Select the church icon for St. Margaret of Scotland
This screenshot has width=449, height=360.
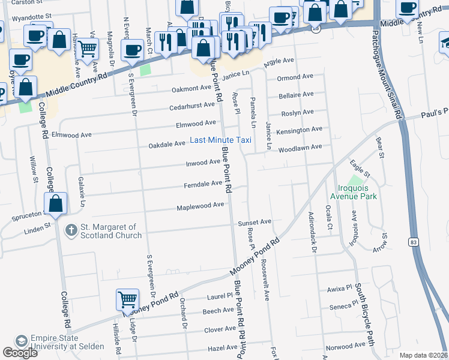tap(71, 230)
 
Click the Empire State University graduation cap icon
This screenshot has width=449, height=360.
tap(22, 340)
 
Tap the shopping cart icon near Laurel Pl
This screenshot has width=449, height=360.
tap(127, 299)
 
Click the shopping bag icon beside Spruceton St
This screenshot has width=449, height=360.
tap(56, 204)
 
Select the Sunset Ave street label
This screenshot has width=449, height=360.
tap(255, 222)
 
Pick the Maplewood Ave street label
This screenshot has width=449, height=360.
tap(200, 206)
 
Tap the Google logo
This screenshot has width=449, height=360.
tap(20, 353)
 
